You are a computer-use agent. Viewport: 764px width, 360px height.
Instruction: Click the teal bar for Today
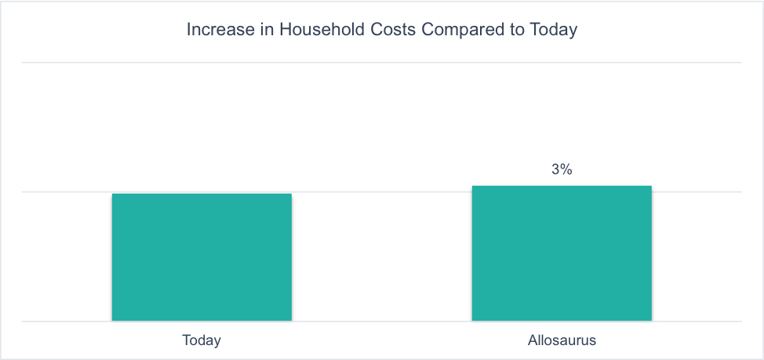tap(202, 257)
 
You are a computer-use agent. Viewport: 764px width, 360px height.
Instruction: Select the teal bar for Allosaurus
tap(562, 253)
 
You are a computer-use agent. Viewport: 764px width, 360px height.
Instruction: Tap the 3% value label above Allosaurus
tap(562, 169)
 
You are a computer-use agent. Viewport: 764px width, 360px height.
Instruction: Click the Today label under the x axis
tap(202, 341)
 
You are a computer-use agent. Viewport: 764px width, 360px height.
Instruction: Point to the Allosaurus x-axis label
tap(562, 341)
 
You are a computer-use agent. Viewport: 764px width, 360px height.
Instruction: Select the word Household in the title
tap(315, 31)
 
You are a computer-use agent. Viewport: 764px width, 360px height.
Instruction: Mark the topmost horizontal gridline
tap(382, 62)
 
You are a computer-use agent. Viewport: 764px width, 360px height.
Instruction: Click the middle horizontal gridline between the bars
tap(382, 191)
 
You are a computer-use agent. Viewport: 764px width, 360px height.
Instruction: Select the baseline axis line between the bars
tap(382, 321)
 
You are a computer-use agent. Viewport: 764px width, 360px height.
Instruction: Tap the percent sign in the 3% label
tap(566, 169)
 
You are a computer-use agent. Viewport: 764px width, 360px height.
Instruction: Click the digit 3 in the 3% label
tap(555, 169)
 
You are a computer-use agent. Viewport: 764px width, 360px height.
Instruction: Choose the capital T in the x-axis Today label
tap(186, 341)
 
